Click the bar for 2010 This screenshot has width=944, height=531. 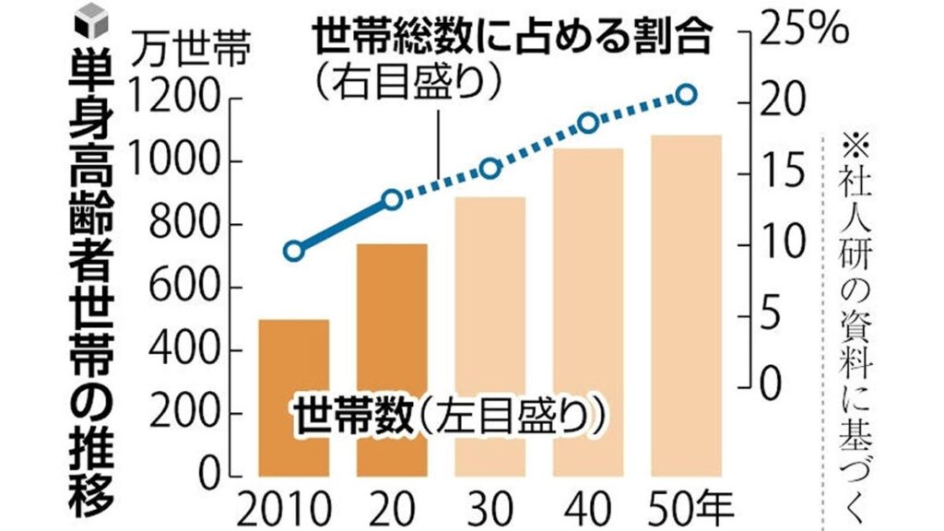293,396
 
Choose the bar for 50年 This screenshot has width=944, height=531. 686,305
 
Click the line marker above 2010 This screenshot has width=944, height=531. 293,251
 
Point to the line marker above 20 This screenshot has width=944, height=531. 392,199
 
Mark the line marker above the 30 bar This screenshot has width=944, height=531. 490,168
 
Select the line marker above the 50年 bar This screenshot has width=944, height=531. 686,95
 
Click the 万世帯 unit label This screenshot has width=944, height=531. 184,46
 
